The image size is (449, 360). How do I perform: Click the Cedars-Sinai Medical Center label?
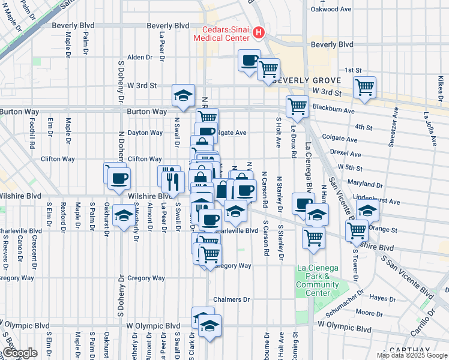point(221,34)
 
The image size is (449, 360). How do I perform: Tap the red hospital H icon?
point(259,31)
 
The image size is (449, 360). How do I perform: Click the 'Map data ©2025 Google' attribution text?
point(412,355)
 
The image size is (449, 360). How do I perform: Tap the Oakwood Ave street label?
point(329,10)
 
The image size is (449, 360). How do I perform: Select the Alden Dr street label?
point(140,58)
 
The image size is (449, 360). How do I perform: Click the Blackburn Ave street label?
point(333,110)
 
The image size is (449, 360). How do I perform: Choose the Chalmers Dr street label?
point(231,299)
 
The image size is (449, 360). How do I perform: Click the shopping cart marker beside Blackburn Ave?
point(298,107)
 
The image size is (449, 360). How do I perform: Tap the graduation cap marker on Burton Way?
point(183,95)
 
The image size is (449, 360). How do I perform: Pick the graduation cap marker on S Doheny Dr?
point(124,216)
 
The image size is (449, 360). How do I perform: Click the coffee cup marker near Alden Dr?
point(249,61)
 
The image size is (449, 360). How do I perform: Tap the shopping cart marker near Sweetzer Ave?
point(364,88)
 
